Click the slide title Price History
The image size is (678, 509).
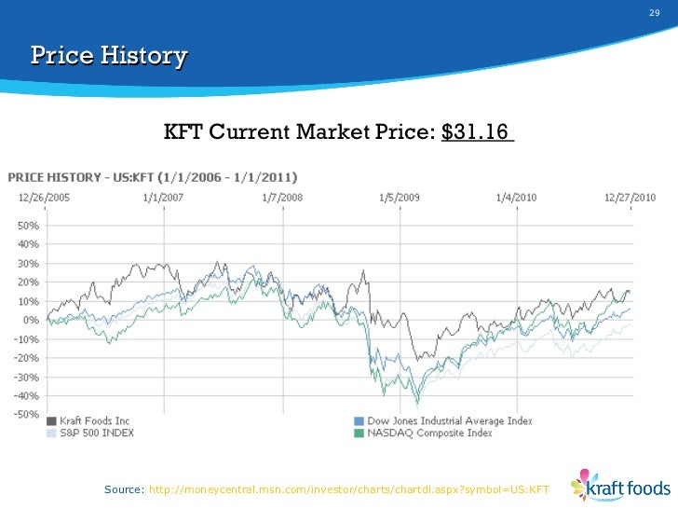pos(109,57)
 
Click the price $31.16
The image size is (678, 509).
pos(478,133)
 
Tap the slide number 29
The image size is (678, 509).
pos(653,13)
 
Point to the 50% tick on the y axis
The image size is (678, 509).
pos(27,226)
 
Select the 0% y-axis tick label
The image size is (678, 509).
pos(31,321)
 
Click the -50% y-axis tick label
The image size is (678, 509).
pos(26,415)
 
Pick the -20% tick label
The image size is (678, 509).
pos(26,358)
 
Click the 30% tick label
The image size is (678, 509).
pos(27,264)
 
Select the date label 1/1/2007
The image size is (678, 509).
pos(165,198)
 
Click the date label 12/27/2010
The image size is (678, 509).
pos(631,198)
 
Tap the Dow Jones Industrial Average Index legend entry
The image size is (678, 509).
pos(442,421)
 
